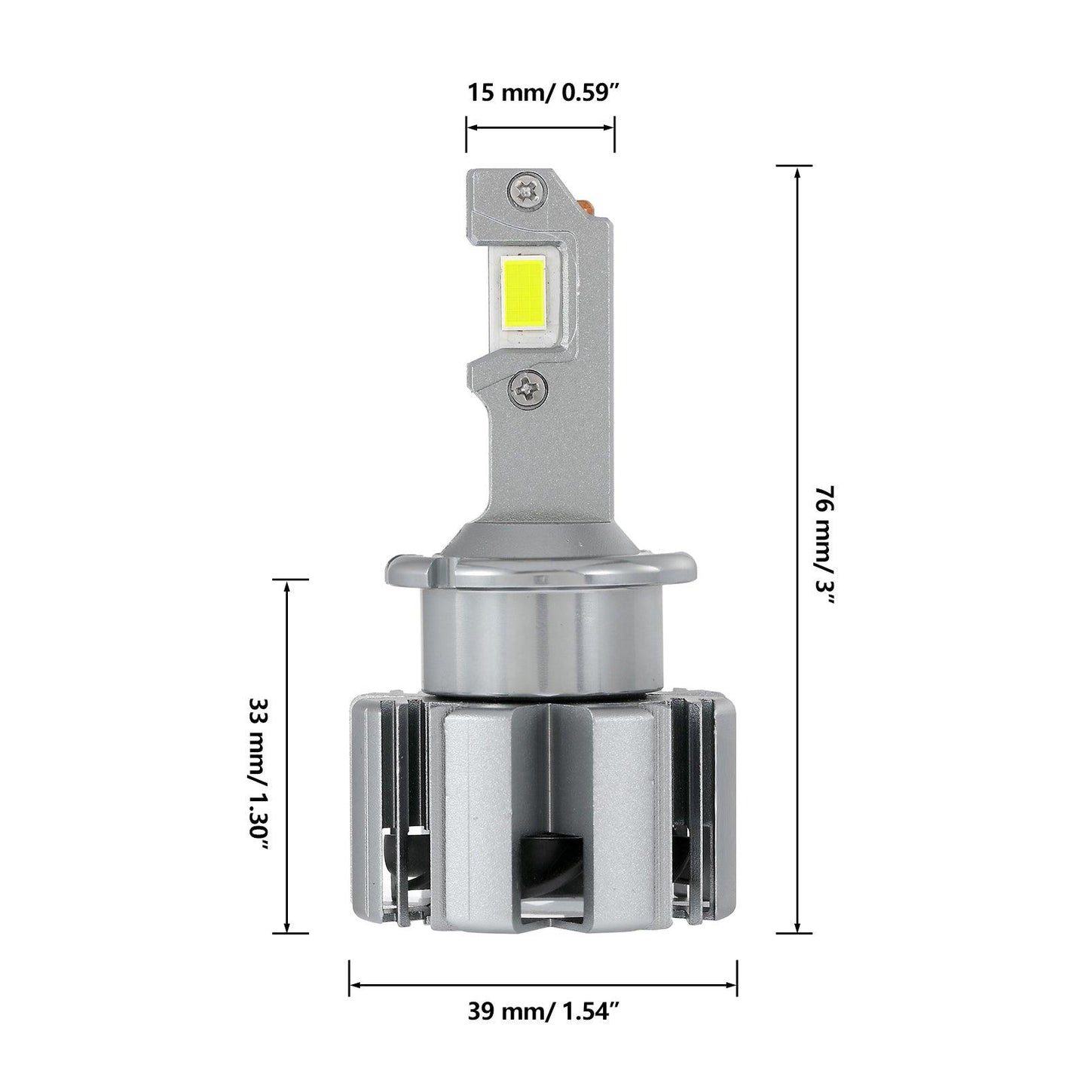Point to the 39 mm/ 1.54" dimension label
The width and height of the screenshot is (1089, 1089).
point(543,1012)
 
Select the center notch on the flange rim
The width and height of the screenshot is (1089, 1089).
point(540,580)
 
